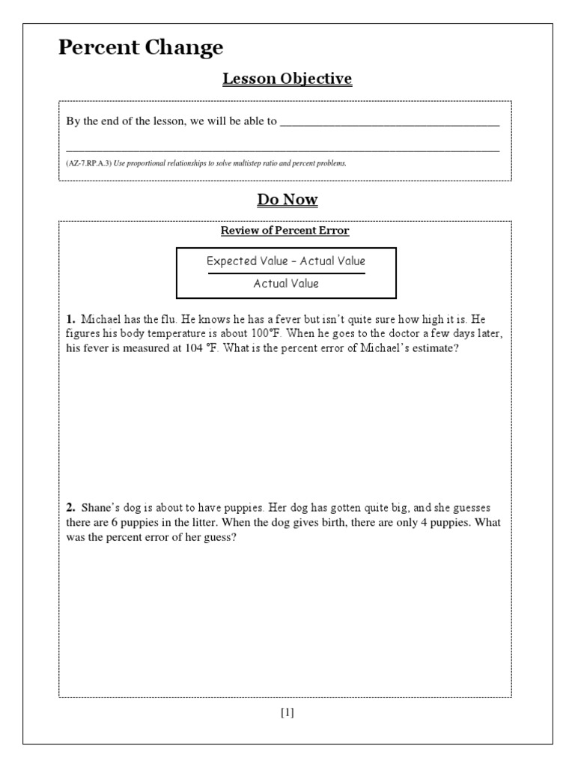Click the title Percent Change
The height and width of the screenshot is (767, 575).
pos(141,48)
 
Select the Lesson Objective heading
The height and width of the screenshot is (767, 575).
pos(287,79)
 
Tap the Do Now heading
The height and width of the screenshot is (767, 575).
pos(287,199)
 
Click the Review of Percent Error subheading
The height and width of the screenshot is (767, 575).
pos(285,231)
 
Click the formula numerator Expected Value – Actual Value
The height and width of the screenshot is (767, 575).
pos(286,261)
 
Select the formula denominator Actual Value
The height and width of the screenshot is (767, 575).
pos(286,283)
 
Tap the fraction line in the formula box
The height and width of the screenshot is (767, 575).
pos(286,273)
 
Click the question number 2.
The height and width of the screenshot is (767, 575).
pos(70,509)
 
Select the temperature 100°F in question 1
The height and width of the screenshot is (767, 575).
pos(264,333)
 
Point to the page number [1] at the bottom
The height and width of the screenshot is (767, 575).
pos(287,712)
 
